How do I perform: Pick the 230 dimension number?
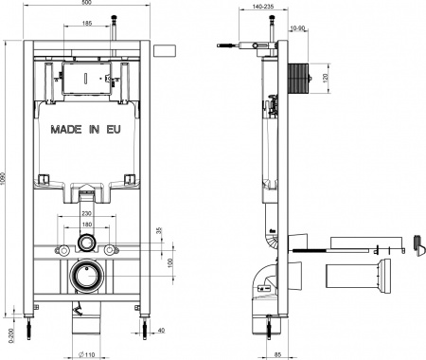87,215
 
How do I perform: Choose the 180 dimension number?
87,225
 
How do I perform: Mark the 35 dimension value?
160,230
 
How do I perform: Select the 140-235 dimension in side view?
249,6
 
